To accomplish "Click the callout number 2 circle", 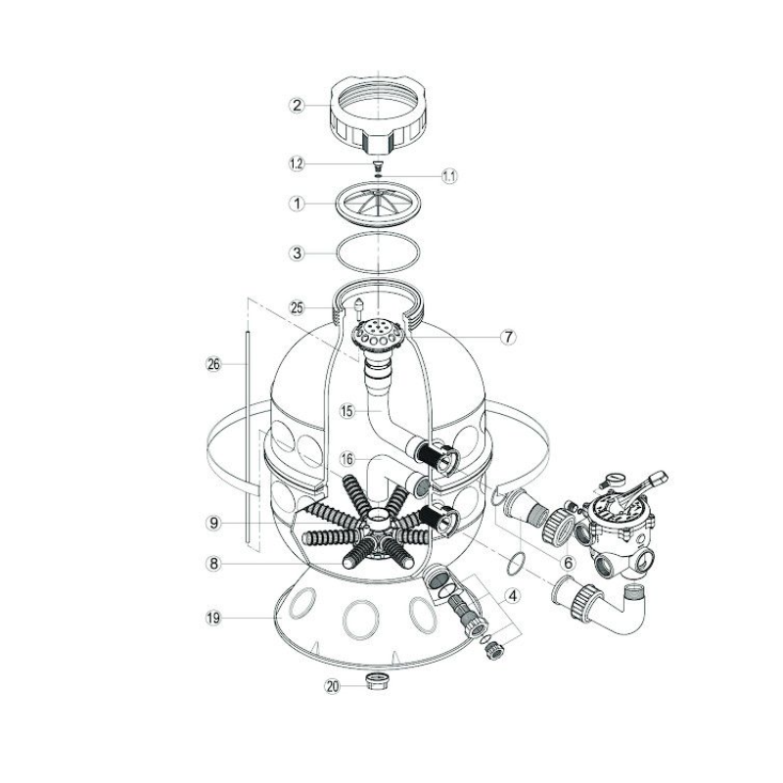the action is [298, 106].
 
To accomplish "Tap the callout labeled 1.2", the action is [298, 163].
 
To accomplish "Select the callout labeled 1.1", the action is [449, 176].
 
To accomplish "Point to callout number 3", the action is [298, 253].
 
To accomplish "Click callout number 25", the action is [298, 307].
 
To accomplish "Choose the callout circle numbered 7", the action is [508, 337].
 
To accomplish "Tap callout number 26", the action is [213, 364].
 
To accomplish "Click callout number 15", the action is [347, 411].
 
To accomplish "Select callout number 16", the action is [347, 458].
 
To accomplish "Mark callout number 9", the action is [213, 523].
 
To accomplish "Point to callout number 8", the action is [213, 564].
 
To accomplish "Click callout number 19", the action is [213, 619].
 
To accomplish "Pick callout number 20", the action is [332, 687].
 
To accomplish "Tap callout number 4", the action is [512, 595].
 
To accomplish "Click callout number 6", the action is [568, 563].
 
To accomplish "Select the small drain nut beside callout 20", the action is [375, 680].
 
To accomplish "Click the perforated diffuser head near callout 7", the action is [377, 333].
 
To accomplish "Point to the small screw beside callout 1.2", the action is [378, 164].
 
